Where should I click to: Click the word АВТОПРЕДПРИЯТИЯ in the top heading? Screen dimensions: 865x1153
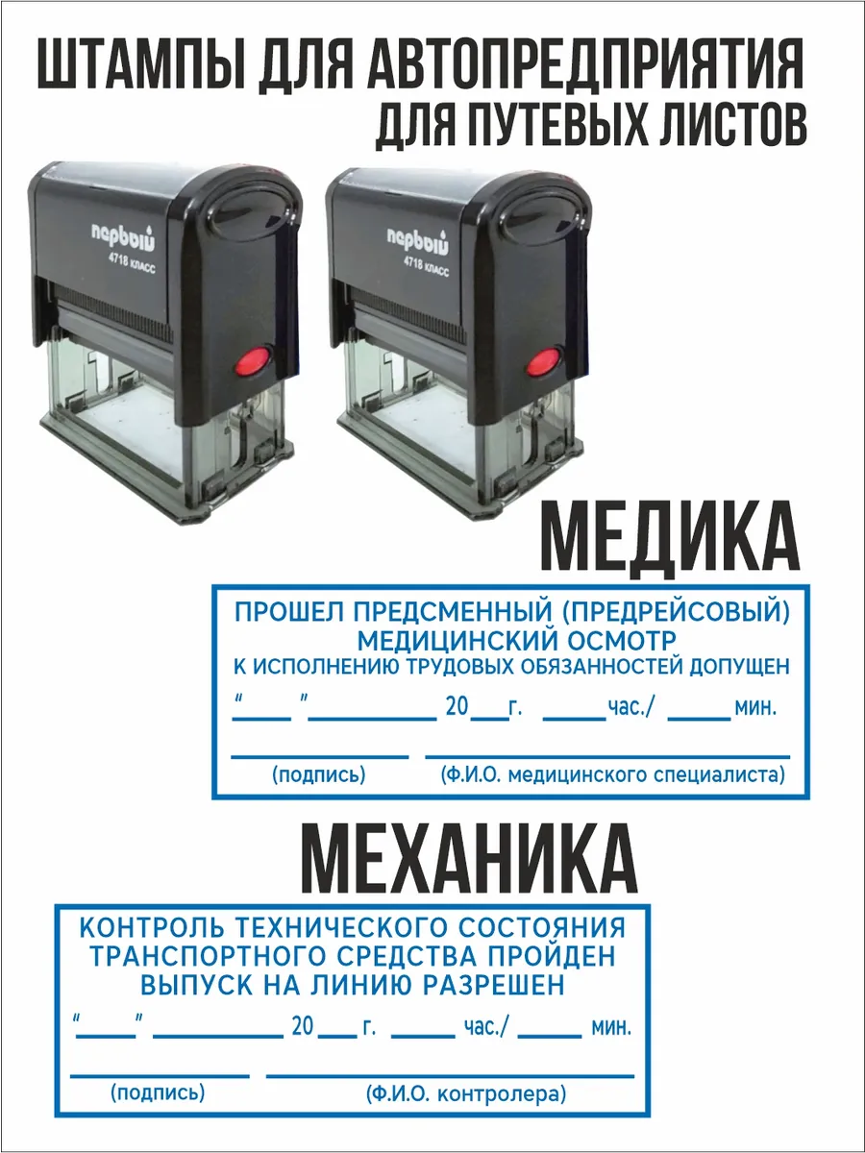coord(585,64)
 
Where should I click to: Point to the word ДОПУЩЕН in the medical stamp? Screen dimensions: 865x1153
coord(739,667)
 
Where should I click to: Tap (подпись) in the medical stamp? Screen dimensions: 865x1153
coord(319,774)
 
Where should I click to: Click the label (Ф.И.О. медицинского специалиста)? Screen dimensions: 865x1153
coord(613,775)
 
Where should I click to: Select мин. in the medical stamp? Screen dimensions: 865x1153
coord(755,708)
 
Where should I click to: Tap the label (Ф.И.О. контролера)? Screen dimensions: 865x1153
coord(466,1094)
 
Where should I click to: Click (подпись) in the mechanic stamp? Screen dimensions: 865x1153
coord(158,1093)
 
